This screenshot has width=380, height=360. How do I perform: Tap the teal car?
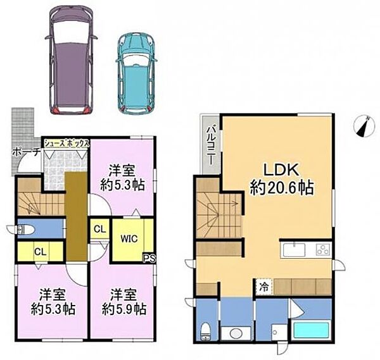(x=137, y=74)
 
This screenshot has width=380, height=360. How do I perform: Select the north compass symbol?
(x=364, y=127)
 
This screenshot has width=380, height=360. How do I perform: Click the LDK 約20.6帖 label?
(x=282, y=178)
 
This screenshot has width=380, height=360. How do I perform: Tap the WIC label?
(x=129, y=239)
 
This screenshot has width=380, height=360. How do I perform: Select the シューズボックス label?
(x=66, y=144)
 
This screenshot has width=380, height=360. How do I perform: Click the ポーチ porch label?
(x=26, y=152)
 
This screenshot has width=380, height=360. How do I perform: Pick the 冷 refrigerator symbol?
(x=264, y=287)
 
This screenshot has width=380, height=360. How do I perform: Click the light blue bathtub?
(x=311, y=331)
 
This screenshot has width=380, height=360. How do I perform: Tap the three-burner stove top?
(x=324, y=250)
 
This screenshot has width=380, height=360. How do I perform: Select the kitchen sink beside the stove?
(x=294, y=249)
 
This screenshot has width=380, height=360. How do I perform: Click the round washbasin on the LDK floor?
(x=236, y=333)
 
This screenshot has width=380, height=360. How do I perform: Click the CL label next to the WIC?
(x=100, y=229)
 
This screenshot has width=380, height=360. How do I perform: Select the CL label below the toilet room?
(x=41, y=252)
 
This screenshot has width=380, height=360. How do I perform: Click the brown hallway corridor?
(x=77, y=216)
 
